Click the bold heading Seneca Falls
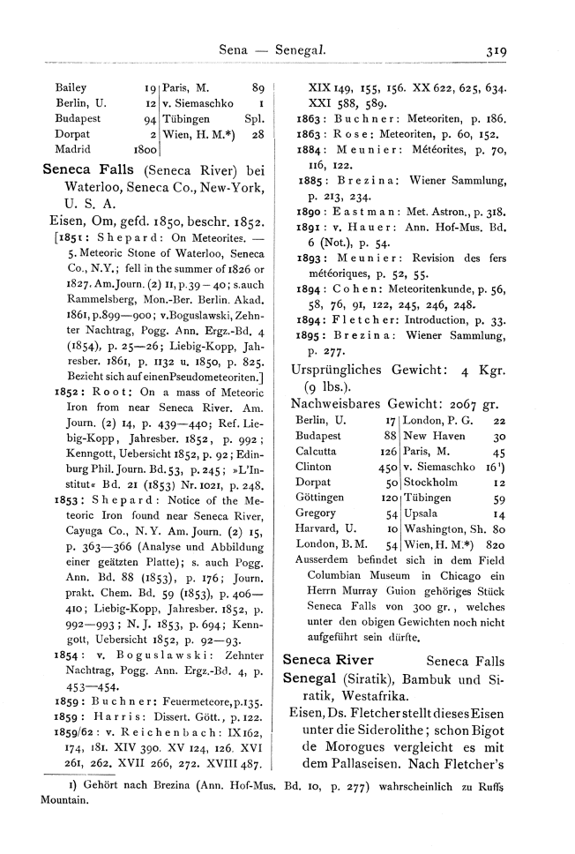[90, 170]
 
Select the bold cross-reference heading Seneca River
[328, 660]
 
